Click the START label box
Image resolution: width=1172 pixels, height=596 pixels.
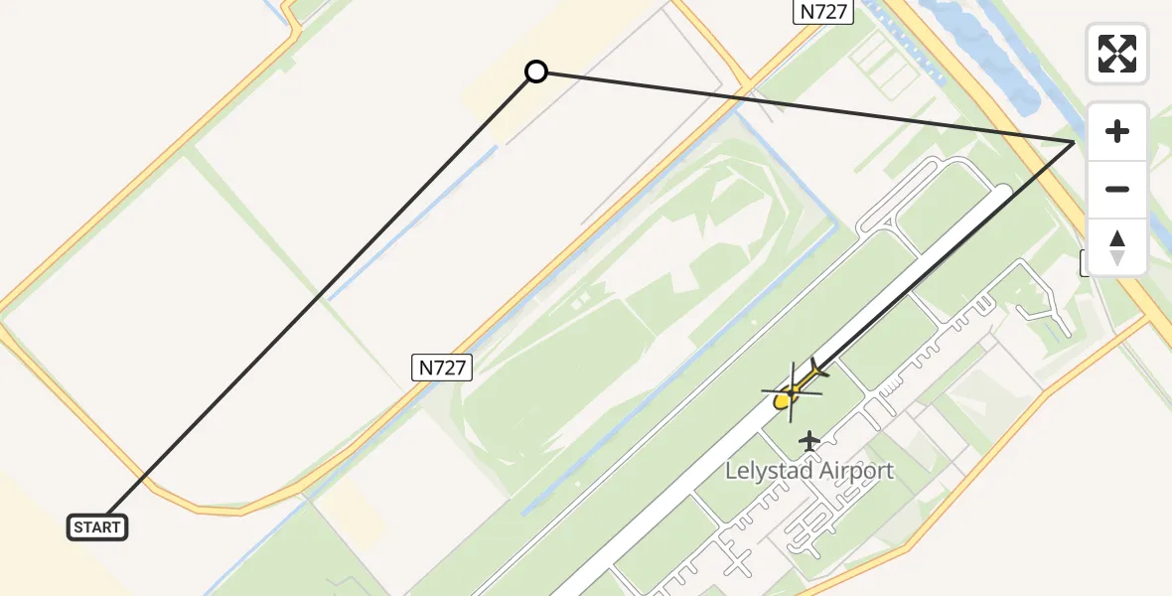[97, 527]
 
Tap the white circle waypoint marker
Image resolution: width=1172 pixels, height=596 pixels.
[536, 72]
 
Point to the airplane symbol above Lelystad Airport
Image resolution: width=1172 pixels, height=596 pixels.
[810, 440]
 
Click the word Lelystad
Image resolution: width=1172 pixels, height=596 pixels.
[768, 471]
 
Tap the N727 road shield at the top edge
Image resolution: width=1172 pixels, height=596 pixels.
[823, 12]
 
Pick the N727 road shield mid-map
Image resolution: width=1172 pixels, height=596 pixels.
[441, 368]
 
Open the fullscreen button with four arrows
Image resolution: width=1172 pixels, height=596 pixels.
[1117, 54]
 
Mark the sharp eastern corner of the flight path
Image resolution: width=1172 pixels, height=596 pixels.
[1074, 143]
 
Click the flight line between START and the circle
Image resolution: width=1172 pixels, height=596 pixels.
[318, 298]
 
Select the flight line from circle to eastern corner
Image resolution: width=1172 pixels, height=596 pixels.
[805, 107]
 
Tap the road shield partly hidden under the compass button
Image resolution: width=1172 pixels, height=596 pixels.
[1085, 263]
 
